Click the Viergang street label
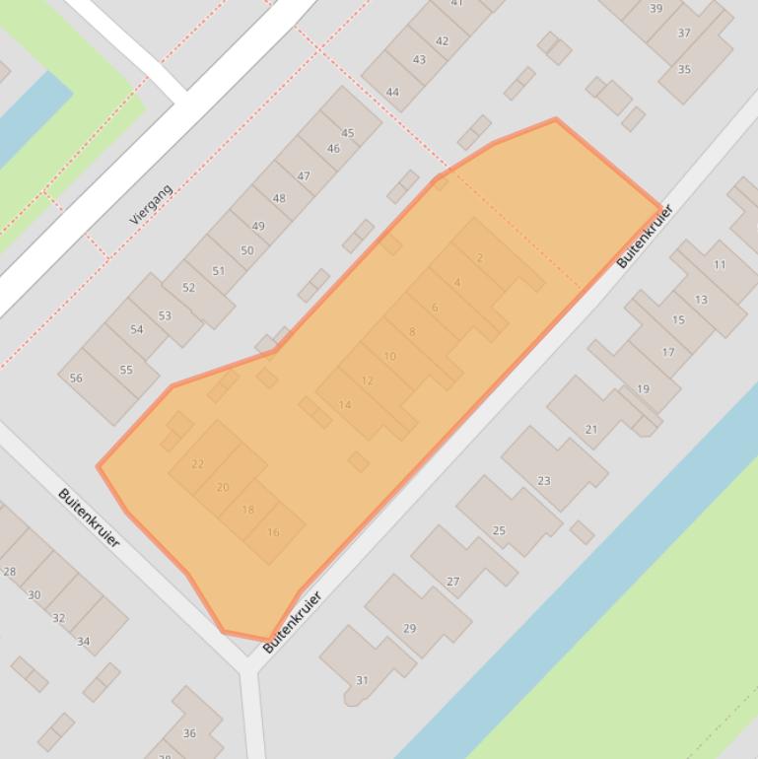[x=151, y=204]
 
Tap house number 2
[x=480, y=258]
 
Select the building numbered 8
[x=412, y=332]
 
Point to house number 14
[x=345, y=405]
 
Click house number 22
[x=198, y=463]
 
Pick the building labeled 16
[x=273, y=532]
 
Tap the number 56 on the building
[x=76, y=379]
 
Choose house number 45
[x=347, y=133]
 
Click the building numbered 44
[x=392, y=93]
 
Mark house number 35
[x=684, y=70]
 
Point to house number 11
[x=720, y=264]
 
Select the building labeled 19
[x=643, y=389]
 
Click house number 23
[x=544, y=481]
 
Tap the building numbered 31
[x=362, y=680]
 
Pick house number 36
[x=189, y=732]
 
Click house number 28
[x=10, y=572]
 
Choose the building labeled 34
[x=84, y=642]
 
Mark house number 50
[x=246, y=250]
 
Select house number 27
[x=453, y=582]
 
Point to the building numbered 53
[x=165, y=316]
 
